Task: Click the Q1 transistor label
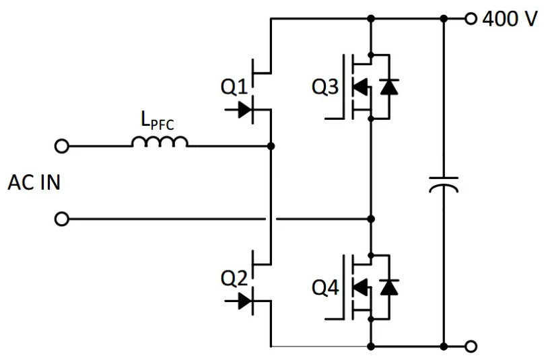pos(234,87)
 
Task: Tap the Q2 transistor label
pos(234,278)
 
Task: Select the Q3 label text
pos(325,87)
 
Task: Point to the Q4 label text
pos(325,287)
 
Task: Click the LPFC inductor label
pos(158,120)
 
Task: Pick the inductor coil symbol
pos(160,141)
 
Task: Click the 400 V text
pos(510,18)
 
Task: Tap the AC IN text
pos(34,182)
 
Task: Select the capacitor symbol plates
pos(444,184)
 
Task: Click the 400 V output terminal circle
pos(471,18)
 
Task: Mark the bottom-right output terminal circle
pos(471,347)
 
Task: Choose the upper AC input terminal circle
pos(62,146)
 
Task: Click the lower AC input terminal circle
pos(62,219)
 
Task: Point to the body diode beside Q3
pos(389,87)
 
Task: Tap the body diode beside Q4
pos(389,287)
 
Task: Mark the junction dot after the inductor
pos(271,146)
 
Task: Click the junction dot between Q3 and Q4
pos(371,219)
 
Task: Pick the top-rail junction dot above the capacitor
pos(444,18)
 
